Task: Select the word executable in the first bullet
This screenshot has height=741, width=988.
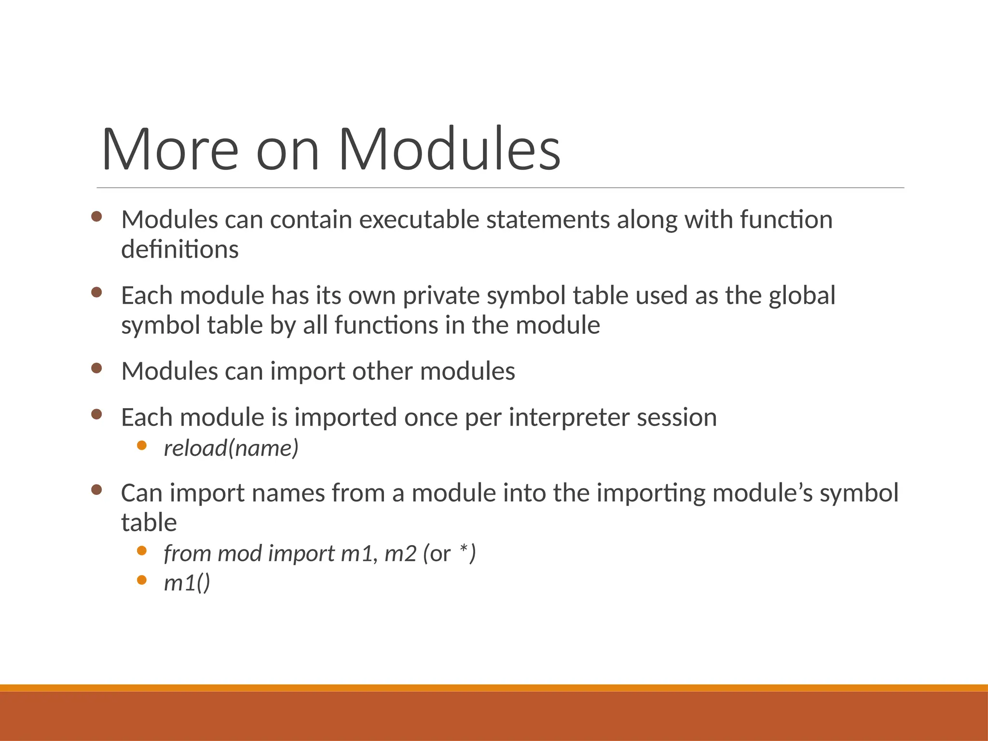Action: (419, 220)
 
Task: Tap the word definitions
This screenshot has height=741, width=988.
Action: (179, 249)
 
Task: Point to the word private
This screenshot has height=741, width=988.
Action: (441, 296)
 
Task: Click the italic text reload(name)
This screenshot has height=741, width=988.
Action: (231, 448)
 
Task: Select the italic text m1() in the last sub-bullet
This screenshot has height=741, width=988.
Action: (187, 583)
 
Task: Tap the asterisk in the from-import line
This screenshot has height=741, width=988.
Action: (464, 549)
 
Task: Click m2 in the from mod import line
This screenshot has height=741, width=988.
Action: (400, 553)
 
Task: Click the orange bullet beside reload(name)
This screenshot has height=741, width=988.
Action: (141, 445)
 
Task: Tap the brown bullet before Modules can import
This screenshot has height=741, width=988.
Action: (96, 369)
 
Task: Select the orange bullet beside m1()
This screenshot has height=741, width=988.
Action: (141, 580)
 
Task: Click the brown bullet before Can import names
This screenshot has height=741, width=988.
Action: (96, 490)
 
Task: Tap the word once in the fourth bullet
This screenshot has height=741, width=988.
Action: (431, 418)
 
